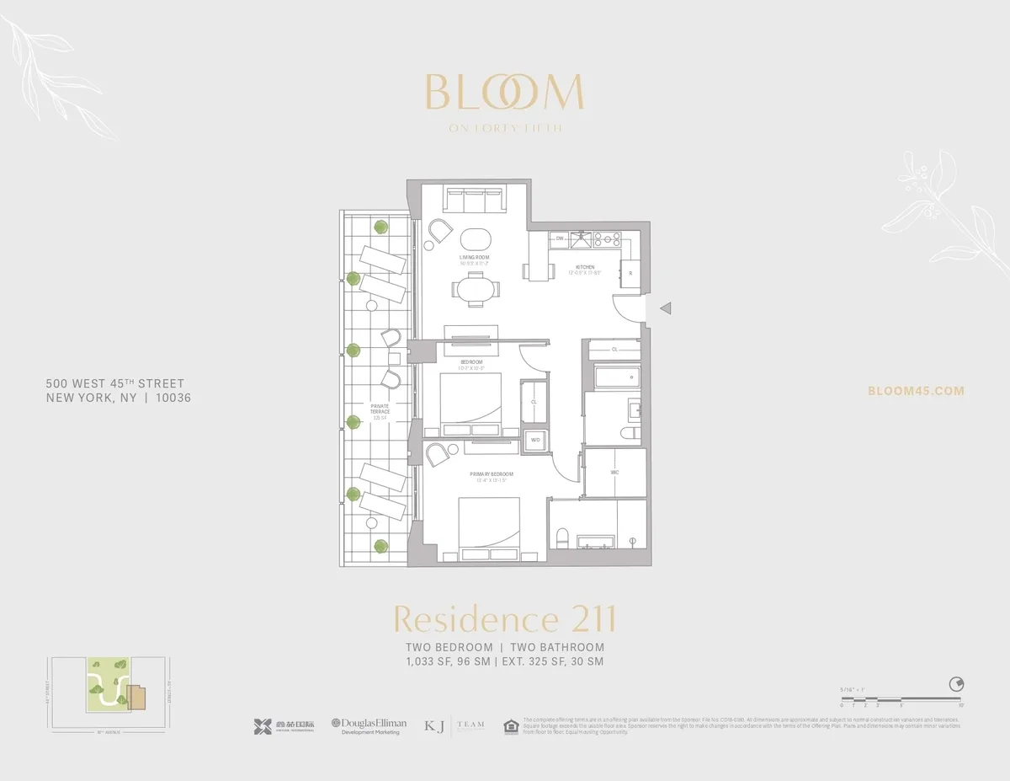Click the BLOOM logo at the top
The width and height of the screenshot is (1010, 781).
coord(504,93)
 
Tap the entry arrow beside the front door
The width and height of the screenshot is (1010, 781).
coord(665,309)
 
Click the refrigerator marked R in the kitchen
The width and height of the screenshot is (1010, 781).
coord(630,273)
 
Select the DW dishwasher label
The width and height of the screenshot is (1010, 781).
coord(560,239)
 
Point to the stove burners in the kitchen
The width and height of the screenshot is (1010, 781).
coord(607,239)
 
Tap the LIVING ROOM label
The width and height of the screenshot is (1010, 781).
coord(474,257)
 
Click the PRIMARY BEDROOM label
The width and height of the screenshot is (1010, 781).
coord(491,474)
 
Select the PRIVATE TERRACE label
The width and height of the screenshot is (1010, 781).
coord(380,409)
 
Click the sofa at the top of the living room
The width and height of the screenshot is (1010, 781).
coord(473,201)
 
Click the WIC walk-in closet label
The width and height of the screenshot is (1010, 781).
coord(615,473)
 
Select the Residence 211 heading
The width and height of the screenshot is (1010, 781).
coord(504,619)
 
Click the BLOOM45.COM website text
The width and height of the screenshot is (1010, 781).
coord(916,391)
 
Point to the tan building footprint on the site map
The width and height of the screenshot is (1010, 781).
coord(136,697)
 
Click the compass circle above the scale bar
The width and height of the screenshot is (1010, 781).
coord(955,683)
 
